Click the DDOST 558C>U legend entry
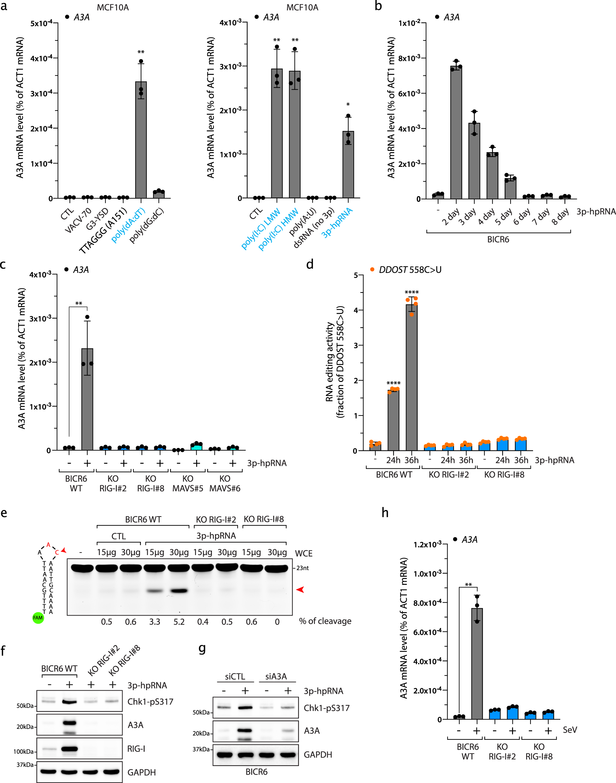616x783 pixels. [406, 270]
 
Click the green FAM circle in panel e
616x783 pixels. [38, 618]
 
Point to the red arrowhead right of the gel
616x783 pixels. [300, 589]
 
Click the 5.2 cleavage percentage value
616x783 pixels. [179, 622]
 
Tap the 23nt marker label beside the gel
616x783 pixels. [302, 568]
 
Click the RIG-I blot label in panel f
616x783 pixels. [136, 749]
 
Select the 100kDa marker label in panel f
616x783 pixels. [24, 752]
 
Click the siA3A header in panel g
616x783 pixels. [276, 677]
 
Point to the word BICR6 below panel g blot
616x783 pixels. [256, 772]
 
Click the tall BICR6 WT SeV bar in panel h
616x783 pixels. [477, 664]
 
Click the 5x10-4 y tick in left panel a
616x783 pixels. [41, 23]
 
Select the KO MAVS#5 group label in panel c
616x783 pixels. [187, 483]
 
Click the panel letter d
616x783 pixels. [310, 264]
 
